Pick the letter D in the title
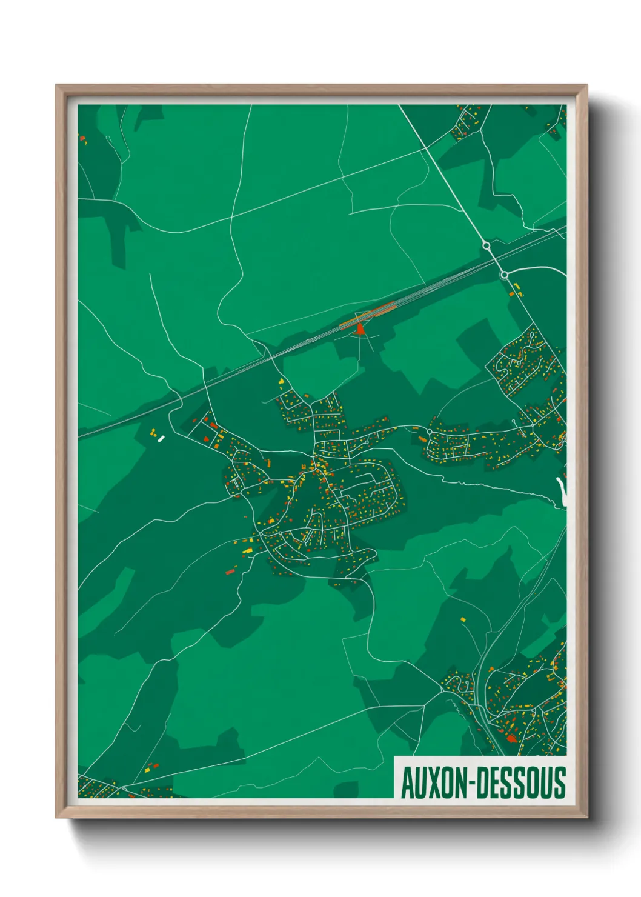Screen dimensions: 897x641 point(480,783)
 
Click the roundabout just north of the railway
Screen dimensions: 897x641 point(486,245)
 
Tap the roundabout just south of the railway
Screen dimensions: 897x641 point(504,275)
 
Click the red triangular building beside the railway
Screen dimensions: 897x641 point(360,329)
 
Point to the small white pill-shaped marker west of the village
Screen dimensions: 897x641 point(161,439)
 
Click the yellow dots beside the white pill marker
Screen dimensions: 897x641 point(154,432)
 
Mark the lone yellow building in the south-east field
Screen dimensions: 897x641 point(463,619)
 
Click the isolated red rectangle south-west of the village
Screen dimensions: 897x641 point(230,572)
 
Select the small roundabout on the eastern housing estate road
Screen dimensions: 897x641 point(429,432)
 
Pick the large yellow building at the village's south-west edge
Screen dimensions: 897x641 point(247,550)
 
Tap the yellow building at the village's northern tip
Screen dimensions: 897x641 point(281,381)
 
